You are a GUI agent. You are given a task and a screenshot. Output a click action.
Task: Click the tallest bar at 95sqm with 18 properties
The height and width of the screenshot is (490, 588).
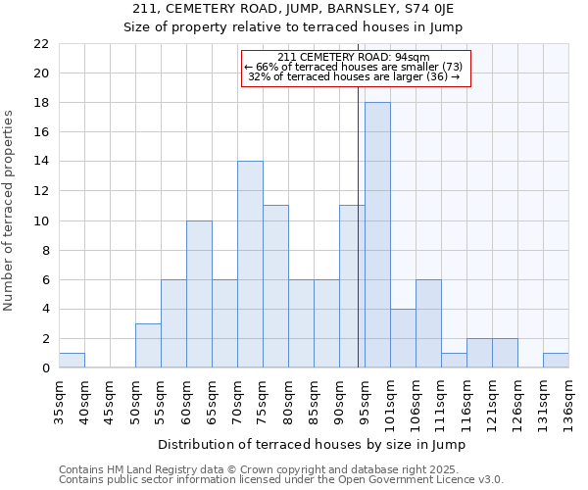377,235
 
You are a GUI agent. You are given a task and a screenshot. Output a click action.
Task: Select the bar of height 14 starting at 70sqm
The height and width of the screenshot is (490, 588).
250,265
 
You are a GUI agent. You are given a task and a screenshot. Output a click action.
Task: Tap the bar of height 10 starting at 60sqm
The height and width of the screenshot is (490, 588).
199,294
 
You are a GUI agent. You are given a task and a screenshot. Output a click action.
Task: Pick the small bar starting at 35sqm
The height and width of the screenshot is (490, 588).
72,361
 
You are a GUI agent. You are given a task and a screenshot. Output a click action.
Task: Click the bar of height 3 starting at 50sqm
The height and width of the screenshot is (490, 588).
148,346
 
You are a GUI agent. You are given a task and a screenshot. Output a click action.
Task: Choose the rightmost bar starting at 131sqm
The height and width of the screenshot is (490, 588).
556,361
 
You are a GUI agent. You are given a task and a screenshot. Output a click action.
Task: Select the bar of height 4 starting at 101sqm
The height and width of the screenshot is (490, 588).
403,338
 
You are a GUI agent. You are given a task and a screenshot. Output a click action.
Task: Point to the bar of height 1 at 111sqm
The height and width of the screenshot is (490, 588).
454,361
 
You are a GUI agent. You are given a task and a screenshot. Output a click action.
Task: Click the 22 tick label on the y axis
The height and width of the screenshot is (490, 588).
41,44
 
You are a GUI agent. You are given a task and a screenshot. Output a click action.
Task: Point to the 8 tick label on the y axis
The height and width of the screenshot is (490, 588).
45,250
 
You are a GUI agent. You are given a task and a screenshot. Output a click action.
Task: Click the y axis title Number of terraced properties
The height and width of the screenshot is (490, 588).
9,211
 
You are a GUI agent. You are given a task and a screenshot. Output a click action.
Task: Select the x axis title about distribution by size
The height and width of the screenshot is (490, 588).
312,444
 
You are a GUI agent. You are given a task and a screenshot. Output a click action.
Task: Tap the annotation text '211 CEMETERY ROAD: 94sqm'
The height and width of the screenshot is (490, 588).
354,57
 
